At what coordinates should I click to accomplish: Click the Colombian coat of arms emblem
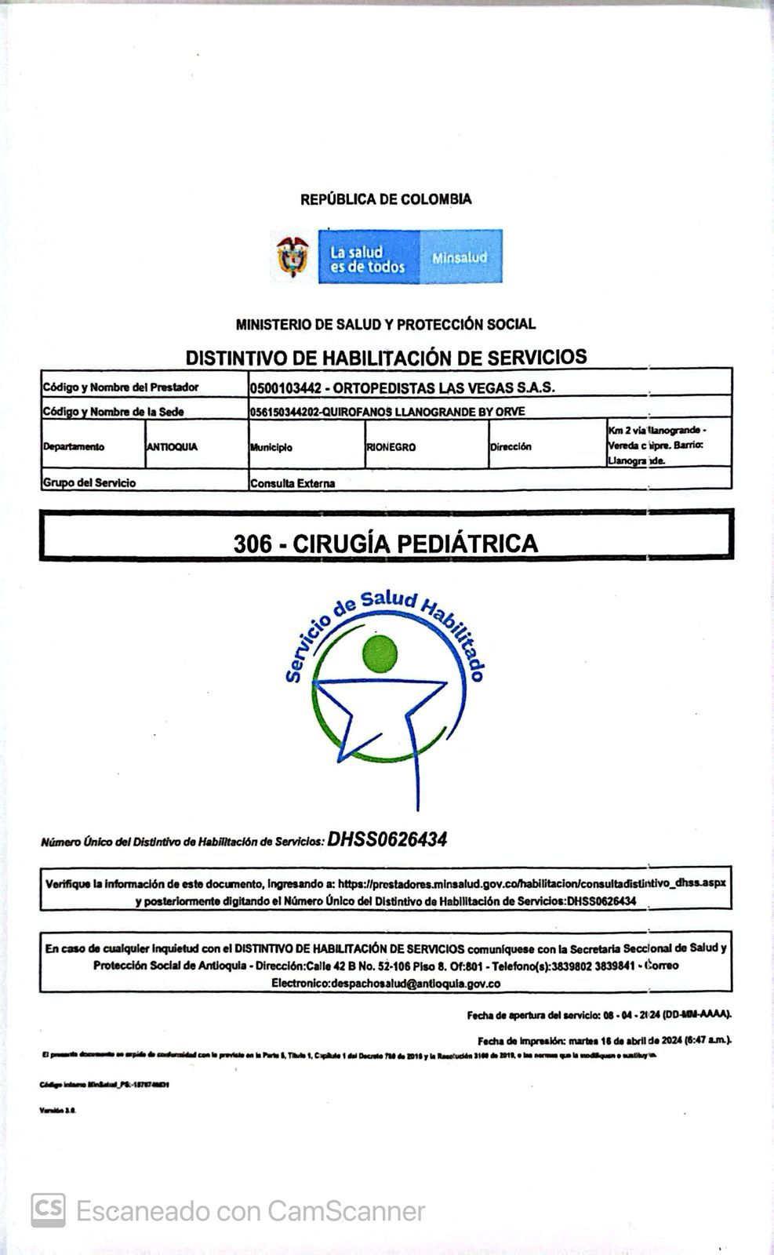point(293,256)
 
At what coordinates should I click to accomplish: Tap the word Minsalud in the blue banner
point(459,257)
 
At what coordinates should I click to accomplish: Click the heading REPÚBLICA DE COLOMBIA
point(386,199)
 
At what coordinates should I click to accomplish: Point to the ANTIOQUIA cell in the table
point(172,447)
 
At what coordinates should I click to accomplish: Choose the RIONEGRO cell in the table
point(391,447)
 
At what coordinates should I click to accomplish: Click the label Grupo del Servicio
point(89,482)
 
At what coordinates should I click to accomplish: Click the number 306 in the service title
point(253,544)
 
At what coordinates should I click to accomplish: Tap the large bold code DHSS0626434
point(387,839)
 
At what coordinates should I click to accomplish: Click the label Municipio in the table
point(271,447)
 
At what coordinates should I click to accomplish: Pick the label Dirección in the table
point(511,447)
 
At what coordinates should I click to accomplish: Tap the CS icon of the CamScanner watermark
point(48,1210)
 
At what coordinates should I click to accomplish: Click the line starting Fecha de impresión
point(604,1041)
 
